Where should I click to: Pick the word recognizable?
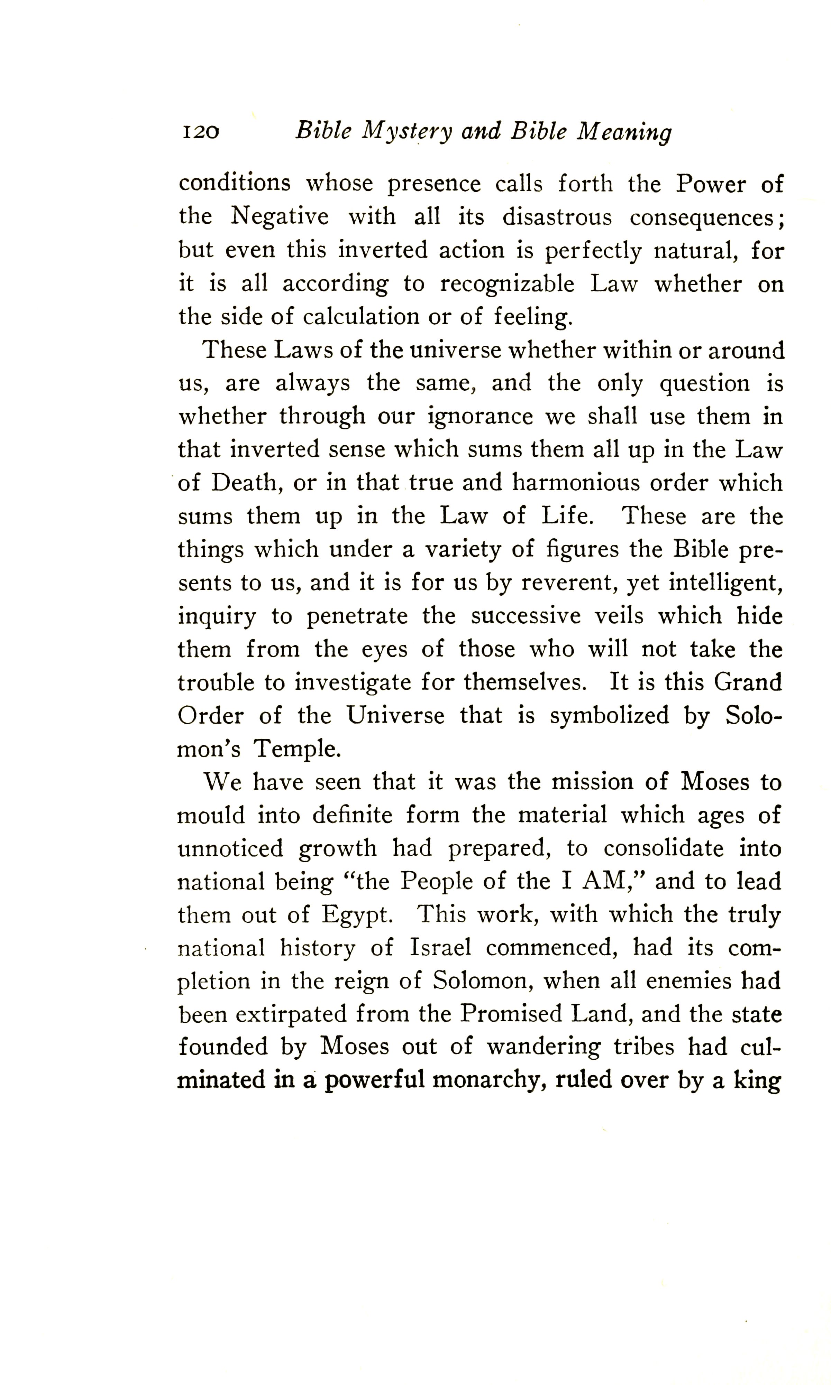click(x=507, y=284)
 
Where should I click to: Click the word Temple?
click(x=297, y=749)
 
